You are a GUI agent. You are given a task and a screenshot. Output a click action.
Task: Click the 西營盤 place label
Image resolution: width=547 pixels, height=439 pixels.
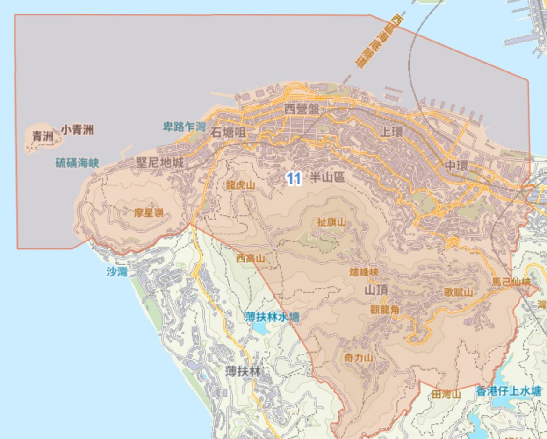coord(302,110)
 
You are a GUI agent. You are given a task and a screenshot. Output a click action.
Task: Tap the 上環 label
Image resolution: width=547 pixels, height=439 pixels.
coord(391,132)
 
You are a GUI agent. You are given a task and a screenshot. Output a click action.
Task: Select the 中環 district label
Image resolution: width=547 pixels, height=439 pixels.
coord(456,166)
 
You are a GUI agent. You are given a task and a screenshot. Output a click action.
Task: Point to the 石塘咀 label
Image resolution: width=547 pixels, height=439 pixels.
coord(228,132)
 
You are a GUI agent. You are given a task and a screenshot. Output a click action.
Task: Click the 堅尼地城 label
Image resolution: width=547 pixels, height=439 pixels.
coord(159,163)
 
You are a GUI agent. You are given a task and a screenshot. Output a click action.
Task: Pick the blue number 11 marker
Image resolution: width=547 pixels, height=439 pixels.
coord(293,178)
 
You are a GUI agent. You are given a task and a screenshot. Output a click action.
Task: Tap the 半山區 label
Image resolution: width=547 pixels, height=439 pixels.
coord(327,177)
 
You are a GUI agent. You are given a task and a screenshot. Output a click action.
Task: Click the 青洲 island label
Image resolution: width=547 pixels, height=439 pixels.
coord(43,136)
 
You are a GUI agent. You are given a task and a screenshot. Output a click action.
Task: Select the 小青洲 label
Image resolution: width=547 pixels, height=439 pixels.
coord(77,129)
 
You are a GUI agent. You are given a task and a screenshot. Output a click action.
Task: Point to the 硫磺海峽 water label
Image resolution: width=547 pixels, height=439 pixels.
coord(77,163)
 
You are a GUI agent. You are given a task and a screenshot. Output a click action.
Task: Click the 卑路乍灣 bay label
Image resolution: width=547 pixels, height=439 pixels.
coord(184,127)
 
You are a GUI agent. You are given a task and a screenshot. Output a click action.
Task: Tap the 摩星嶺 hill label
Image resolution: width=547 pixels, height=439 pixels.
coord(149,213)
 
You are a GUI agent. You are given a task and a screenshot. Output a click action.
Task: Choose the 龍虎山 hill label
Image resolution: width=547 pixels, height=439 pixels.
coord(241,185)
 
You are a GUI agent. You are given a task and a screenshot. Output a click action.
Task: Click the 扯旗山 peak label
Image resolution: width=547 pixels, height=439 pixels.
coord(331,222)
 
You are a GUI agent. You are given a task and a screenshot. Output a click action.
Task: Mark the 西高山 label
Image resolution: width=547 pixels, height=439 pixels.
coord(250,258)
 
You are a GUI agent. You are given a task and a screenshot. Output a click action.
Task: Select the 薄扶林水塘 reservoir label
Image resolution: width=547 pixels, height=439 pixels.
coord(273,317)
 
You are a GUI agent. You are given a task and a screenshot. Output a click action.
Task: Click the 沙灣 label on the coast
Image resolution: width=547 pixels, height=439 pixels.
coord(116,272)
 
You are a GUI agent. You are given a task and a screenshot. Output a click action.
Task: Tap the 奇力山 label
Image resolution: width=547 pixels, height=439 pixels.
coord(359,358)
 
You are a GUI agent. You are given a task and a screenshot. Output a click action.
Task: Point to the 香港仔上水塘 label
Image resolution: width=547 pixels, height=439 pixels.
coord(509,391)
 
